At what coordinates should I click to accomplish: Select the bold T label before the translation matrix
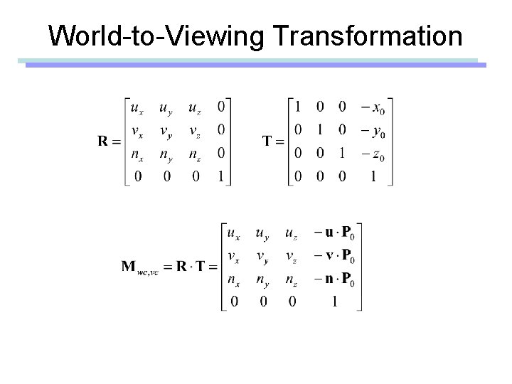click(270, 141)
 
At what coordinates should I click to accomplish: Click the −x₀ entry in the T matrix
click(373, 109)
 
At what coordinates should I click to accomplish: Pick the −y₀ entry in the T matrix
click(373, 131)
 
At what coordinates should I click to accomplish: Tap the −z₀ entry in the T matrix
click(373, 153)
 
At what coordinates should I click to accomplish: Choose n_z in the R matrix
click(194, 153)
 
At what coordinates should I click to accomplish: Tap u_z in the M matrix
click(290, 233)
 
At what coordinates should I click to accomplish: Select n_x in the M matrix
click(233, 279)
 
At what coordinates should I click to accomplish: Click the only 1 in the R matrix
click(222, 176)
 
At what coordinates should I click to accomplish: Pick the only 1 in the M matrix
click(334, 302)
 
